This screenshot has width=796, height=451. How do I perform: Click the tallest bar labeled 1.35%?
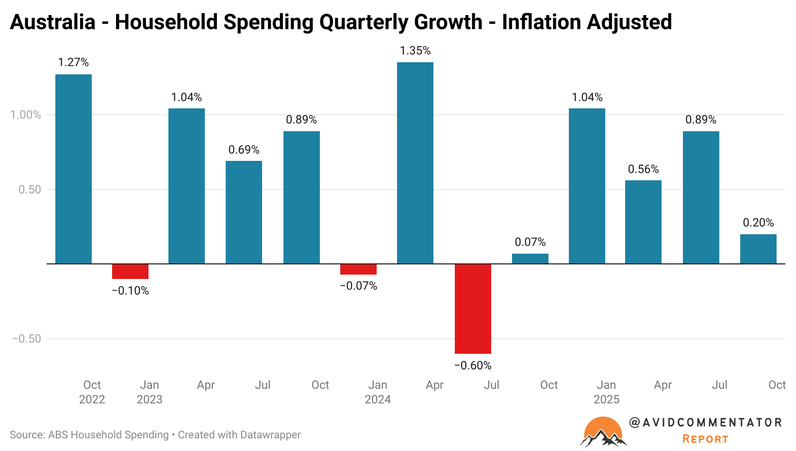pos(415,163)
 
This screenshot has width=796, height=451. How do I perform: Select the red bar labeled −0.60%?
pos(473,309)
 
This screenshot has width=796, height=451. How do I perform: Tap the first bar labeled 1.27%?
pos(73,169)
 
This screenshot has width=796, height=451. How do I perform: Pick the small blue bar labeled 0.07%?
pos(530,259)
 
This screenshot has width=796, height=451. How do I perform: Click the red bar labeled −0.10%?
pos(130,271)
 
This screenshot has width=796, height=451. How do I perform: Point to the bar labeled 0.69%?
pos(244,212)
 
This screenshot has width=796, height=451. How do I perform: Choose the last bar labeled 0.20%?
pos(758,249)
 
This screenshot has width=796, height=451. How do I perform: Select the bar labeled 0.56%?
pos(643,222)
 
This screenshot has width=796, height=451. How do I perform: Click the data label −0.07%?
pos(358,286)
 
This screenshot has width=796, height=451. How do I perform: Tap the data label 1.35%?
pos(415,51)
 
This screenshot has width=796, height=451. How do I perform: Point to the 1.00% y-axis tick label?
pos(25,115)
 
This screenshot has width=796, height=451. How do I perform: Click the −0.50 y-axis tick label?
pos(26,339)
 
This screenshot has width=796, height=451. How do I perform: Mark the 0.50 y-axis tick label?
pos(30,190)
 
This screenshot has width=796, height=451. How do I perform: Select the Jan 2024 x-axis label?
pos(378,392)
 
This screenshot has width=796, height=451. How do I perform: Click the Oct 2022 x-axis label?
pos(92,392)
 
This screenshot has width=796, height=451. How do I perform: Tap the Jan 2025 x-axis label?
pos(606,392)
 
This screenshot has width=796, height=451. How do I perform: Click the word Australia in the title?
pos(52,22)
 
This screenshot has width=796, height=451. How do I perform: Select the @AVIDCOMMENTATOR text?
pos(705,423)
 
